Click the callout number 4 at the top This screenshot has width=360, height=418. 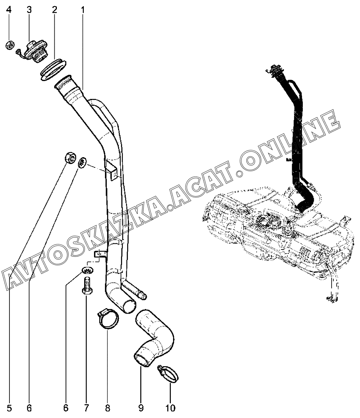pyautogui.click(x=9, y=10)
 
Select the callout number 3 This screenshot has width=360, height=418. pyautogui.click(x=30, y=10)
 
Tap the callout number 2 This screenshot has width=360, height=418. pyautogui.click(x=54, y=10)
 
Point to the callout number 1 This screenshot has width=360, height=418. pyautogui.click(x=83, y=10)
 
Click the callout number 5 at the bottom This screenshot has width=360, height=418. pyautogui.click(x=9, y=407)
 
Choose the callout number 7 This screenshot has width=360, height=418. pyautogui.click(x=86, y=407)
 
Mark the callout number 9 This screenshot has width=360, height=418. pyautogui.click(x=141, y=407)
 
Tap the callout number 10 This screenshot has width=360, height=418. pyautogui.click(x=170, y=407)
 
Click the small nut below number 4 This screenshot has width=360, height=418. pyautogui.click(x=10, y=46)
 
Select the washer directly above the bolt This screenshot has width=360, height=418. pyautogui.click(x=87, y=271)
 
